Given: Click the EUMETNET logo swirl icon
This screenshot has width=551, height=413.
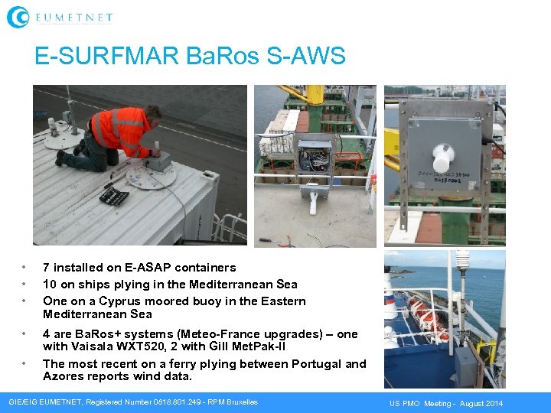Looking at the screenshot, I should pos(18,17).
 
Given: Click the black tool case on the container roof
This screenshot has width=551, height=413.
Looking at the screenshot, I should pos(114,196).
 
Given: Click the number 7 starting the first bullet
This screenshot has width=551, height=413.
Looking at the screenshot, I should pos(47,268).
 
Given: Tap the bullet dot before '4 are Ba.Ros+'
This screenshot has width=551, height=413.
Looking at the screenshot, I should pos(24,334).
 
